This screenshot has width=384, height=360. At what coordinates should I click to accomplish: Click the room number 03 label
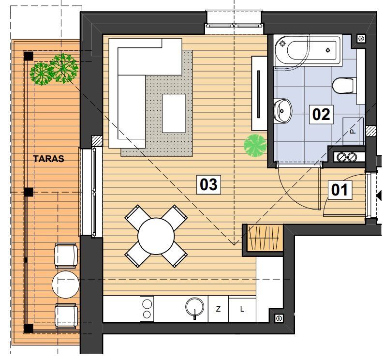click(x=208, y=185)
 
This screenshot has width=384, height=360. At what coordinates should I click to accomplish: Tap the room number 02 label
click(x=321, y=115)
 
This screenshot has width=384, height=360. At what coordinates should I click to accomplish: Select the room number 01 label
click(x=340, y=190)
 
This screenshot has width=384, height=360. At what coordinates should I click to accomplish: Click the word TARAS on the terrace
click(x=49, y=159)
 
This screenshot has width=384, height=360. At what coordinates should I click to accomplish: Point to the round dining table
click(x=156, y=236)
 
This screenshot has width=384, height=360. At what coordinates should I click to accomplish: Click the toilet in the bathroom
click(x=344, y=86)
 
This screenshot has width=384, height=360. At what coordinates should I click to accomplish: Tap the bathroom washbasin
click(x=283, y=111)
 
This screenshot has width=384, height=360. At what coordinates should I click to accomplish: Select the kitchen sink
click(x=195, y=307)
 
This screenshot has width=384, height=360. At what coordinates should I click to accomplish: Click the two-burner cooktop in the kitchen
click(x=147, y=309)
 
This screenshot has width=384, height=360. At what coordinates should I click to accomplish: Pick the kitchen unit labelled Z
click(x=218, y=309)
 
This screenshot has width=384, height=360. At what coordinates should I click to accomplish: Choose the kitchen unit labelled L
click(x=242, y=309)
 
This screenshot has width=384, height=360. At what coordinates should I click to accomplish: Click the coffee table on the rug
click(x=174, y=113)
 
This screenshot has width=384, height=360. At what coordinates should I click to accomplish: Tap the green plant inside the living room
click(x=255, y=146)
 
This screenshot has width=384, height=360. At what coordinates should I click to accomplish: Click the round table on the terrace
click(x=66, y=285)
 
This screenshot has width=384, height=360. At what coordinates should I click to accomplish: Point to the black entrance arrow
click(x=379, y=195)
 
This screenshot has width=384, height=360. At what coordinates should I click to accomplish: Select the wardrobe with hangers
click(x=264, y=238)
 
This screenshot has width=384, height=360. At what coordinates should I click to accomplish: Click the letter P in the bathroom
click(x=353, y=131)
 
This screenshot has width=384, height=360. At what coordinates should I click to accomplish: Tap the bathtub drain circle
click(x=328, y=50)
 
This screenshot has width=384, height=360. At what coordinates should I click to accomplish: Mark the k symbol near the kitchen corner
click(x=279, y=318)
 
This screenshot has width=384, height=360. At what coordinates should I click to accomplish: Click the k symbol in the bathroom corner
click(x=361, y=38)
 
